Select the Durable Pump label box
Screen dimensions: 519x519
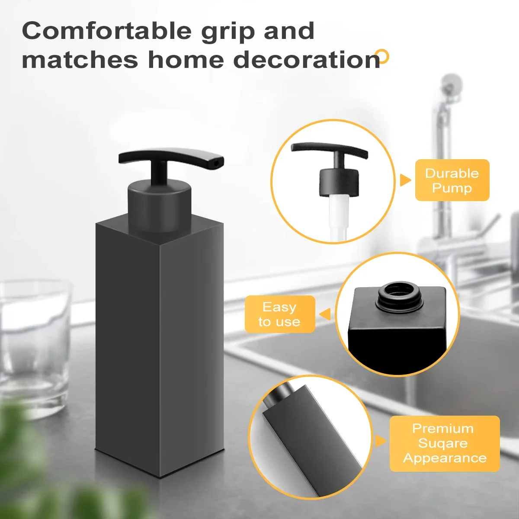coord(452,180)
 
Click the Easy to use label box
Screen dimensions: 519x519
coord(279,314)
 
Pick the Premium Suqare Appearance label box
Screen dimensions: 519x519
coord(444,443)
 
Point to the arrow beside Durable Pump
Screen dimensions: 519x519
coord(405,180)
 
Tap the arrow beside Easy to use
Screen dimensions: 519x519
coord(325,314)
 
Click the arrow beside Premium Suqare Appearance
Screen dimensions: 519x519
coord(380,441)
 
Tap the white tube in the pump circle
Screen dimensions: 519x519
coord(339,216)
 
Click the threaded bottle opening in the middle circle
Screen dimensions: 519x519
coord(398,295)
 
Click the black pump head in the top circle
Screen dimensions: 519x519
coord(339,182)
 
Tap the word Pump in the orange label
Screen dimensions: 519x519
coord(452,188)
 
